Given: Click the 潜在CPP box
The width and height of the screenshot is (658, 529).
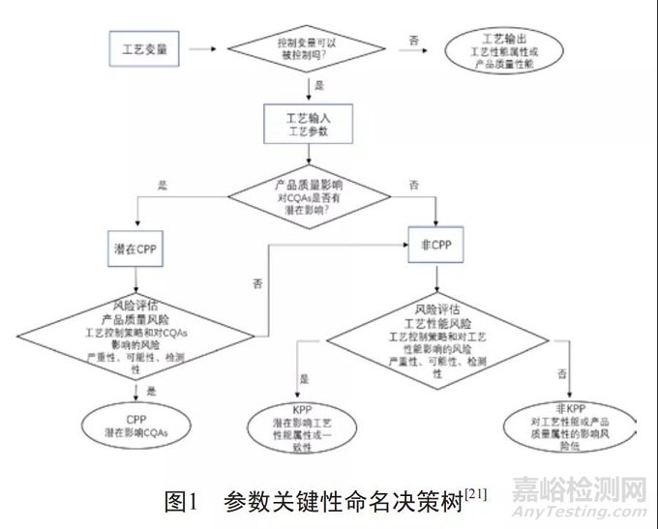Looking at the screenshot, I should point(135,249).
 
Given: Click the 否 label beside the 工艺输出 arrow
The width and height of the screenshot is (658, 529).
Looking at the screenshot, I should point(414,40).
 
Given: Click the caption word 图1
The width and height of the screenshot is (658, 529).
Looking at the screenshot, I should point(181,503).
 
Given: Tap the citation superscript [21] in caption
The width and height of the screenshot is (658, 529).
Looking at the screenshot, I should point(474,495).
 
